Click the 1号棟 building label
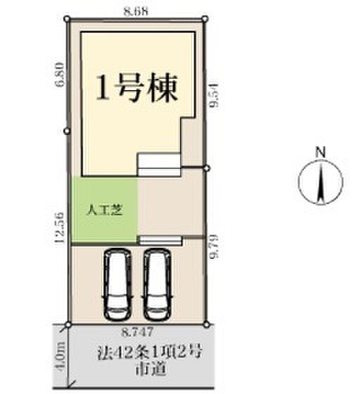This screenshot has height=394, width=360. pos(137,88)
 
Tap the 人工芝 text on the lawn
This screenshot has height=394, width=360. pos(104,210)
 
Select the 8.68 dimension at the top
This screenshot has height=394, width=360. pos(136,11)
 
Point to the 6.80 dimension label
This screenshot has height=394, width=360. pos(61,75)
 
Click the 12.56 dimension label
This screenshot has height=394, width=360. pos(60,228)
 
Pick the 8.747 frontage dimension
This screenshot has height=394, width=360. pos(137,332)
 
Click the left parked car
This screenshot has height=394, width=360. pos(117,284)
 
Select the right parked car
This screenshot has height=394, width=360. pos(157,284)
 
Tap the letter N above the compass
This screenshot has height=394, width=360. pos(321,152)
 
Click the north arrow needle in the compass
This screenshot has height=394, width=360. pos(321,182)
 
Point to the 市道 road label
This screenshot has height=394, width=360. pos(150,369)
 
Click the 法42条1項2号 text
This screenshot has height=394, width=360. pos(150,353)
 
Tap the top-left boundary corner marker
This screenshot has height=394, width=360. pos(67,18)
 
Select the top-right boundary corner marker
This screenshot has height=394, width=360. pos(205,18)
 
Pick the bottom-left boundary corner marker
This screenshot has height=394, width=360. pos(67,325)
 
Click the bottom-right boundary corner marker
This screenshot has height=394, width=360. pos(206,325)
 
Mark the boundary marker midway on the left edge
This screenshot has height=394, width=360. pos(67,131)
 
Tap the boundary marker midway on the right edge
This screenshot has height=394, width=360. pos(206,169)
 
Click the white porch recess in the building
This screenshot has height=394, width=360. pos(159,165)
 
